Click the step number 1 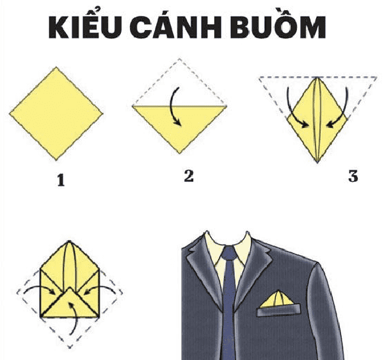coord(61,180)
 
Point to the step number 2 coord(189,176)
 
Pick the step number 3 coord(353,176)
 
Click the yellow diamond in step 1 coord(56,114)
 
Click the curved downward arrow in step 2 coord(173,106)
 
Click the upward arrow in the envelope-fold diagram coord(75,318)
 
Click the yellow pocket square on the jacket coord(277,300)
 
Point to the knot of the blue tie coord(229,254)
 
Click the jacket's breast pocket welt coord(278,310)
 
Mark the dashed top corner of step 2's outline coord(179,59)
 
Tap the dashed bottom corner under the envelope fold coord(70,347)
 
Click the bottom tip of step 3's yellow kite coord(317,162)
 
